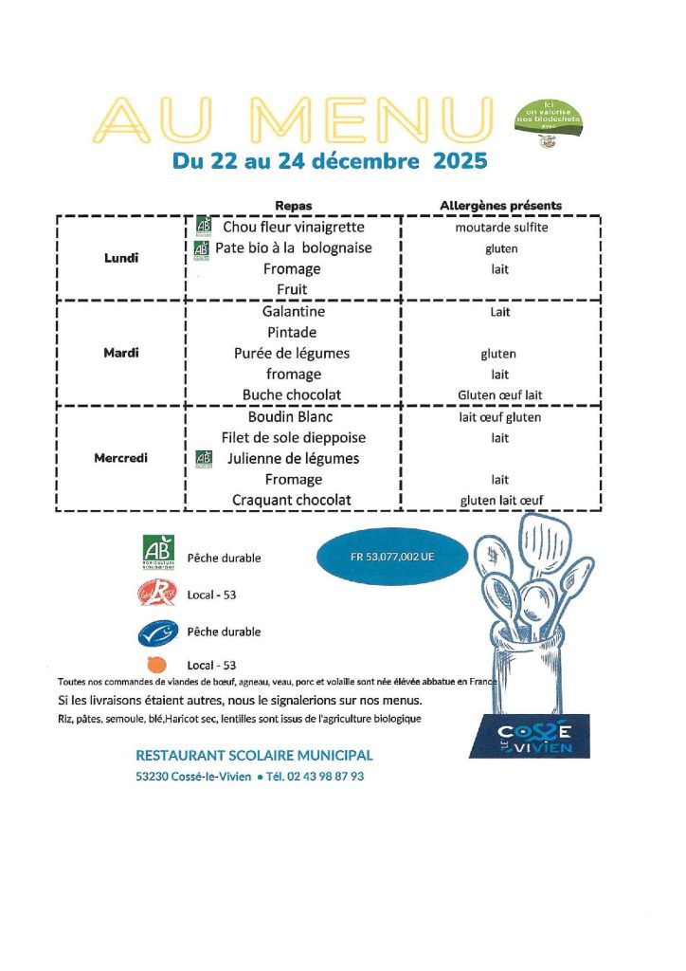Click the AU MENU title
pos(295,119)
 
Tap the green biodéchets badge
pos(548,121)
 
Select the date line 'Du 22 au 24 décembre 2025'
pos(330,161)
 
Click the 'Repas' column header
pos(293,206)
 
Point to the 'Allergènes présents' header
pos(500,206)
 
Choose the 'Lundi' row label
pos(121,257)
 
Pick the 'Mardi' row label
pos(121,353)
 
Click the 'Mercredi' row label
pos(121,458)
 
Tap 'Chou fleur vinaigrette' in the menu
pos(293,228)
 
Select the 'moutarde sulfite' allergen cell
pos(501,228)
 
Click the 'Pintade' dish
pos(292,333)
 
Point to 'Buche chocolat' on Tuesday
pos(292,394)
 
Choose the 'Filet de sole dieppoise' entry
pos(293,438)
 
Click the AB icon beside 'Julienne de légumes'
pos(203,459)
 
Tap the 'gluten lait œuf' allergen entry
pos(501,501)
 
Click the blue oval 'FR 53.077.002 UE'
pos(391,558)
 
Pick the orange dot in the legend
pos(157,665)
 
